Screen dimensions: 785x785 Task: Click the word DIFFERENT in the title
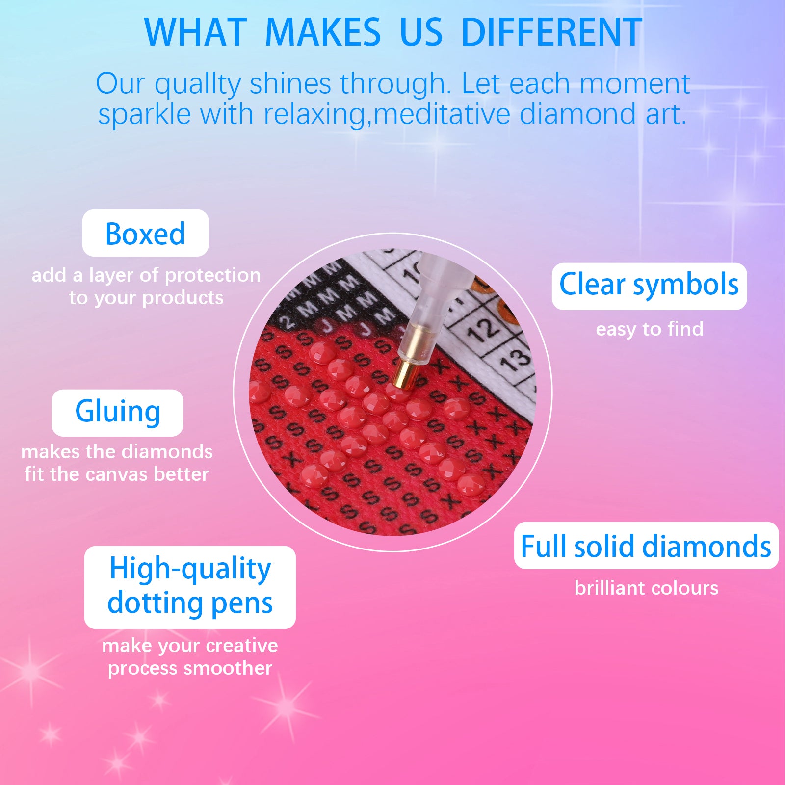tap(552, 32)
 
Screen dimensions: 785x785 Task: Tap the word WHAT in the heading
tap(195, 32)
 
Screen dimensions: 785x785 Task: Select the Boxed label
tap(145, 233)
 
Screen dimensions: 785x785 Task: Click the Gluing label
tap(117, 413)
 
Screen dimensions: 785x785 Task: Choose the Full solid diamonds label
tap(646, 546)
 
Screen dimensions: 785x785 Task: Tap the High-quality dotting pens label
tap(190, 587)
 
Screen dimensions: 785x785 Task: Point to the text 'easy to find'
tap(650, 329)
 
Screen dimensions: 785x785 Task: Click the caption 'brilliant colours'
tap(646, 588)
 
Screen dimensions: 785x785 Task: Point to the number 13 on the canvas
tap(515, 360)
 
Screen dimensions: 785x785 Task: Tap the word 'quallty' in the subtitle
tap(198, 84)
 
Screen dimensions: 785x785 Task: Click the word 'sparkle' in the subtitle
tap(144, 115)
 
